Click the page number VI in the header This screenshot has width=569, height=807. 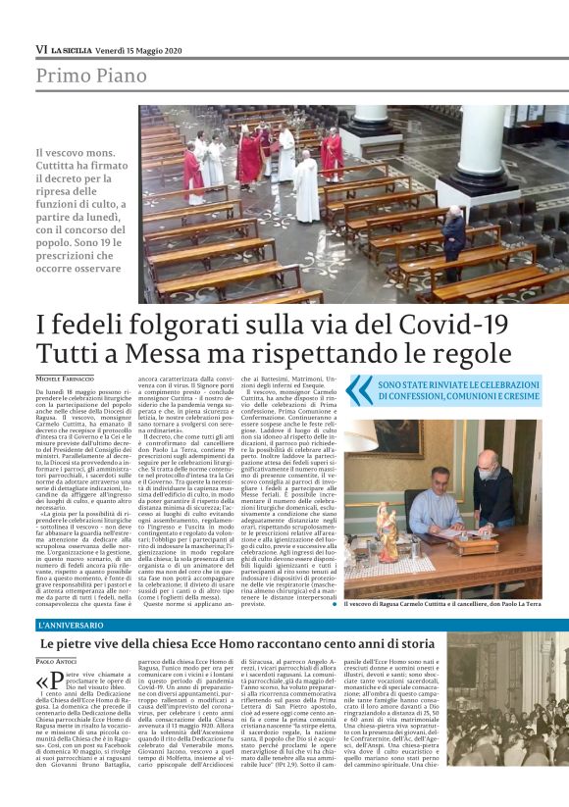(x=41, y=48)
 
